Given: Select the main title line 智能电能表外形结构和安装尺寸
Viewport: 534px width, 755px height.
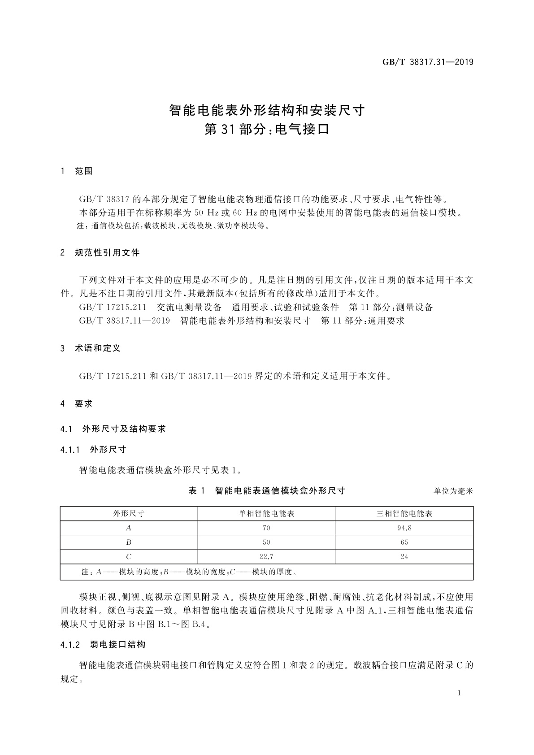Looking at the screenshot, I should pyautogui.click(x=267, y=110).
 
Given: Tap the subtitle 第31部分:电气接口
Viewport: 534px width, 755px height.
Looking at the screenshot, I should pyautogui.click(x=267, y=130).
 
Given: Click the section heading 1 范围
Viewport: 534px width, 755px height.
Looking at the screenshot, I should pyautogui.click(x=77, y=171).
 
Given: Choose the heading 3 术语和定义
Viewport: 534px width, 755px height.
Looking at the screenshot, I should pyautogui.click(x=91, y=348).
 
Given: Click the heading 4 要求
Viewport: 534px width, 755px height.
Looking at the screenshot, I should pyautogui.click(x=77, y=404).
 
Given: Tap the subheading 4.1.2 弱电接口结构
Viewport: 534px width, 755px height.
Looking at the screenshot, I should pyautogui.click(x=103, y=644).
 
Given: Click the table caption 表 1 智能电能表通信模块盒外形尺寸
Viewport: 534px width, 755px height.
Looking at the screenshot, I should pyautogui.click(x=267, y=490).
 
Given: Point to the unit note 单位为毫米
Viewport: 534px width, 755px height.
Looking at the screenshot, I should pyautogui.click(x=453, y=491).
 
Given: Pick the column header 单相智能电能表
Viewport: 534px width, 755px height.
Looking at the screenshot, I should pyautogui.click(x=266, y=514).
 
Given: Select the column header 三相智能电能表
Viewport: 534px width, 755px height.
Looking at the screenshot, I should pyautogui.click(x=404, y=514).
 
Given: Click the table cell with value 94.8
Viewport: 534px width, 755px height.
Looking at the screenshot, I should pyautogui.click(x=404, y=528).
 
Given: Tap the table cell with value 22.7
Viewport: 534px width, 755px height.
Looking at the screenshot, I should pyautogui.click(x=266, y=557).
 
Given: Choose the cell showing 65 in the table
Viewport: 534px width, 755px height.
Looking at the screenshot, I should pyautogui.click(x=404, y=542).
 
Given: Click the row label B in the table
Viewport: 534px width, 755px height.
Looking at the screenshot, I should pyautogui.click(x=129, y=542).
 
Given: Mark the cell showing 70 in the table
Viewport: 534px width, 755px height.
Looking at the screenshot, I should pyautogui.click(x=266, y=528).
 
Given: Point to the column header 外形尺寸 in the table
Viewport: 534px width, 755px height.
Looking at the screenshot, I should pyautogui.click(x=129, y=514).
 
